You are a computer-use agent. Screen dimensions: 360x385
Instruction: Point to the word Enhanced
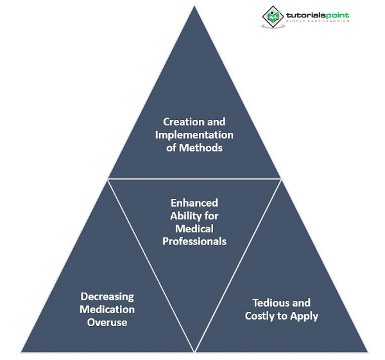194,202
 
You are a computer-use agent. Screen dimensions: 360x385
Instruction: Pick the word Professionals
194,242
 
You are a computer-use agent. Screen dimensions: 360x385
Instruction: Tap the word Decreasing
107,296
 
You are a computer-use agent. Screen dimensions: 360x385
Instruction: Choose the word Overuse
107,322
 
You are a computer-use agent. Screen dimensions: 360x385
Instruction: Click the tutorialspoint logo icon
272,17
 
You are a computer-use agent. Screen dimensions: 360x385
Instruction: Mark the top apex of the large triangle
194,6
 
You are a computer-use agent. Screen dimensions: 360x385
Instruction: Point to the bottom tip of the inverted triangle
194,352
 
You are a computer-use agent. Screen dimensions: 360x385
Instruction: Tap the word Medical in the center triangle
194,229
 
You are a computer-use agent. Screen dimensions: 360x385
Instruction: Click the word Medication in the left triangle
107,309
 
